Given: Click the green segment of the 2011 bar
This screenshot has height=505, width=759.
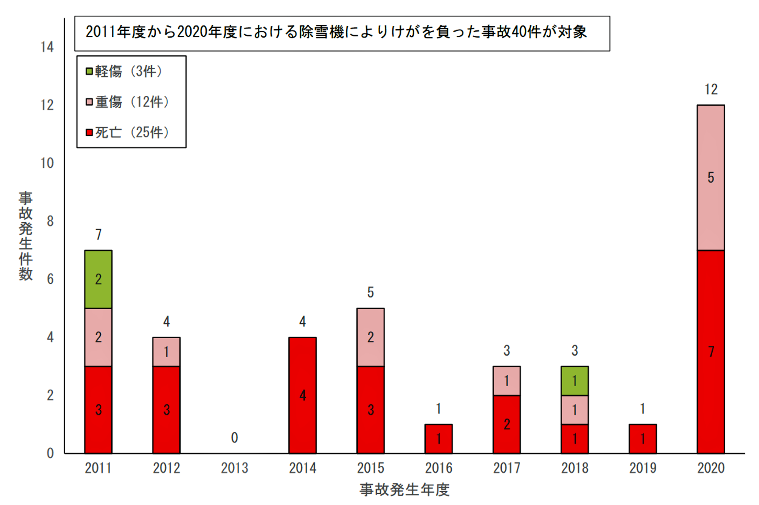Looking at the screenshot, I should [98, 279].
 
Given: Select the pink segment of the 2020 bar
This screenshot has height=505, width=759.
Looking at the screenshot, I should [711, 177].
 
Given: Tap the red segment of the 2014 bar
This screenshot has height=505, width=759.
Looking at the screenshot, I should [302, 395].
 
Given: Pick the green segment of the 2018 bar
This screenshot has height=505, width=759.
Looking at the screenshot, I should [574, 381].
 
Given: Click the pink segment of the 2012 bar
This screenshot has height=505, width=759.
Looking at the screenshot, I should [166, 352].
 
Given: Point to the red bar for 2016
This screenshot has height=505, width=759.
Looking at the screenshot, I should [438, 439].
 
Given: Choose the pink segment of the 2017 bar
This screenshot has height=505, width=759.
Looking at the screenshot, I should [506, 381].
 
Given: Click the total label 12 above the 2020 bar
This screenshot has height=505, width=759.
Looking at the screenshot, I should [711, 90].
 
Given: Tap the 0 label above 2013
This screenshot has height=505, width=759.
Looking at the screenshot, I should [234, 438].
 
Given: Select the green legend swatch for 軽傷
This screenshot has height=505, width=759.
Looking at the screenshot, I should [89, 71].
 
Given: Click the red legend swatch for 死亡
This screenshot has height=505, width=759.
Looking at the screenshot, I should [89, 132].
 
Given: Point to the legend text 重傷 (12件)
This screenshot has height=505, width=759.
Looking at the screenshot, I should [132, 102].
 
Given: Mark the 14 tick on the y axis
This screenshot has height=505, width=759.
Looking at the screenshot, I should [47, 47].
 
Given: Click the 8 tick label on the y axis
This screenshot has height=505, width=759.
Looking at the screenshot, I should [50, 221].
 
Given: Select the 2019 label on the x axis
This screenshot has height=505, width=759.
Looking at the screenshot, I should [643, 468].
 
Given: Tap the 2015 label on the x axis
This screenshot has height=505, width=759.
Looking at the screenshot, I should [370, 468].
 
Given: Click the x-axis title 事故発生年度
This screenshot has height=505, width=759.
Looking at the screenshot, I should [404, 490].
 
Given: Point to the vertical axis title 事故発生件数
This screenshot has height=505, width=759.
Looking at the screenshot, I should [26, 236].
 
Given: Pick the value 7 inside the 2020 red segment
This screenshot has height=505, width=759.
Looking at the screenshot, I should [711, 352].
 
